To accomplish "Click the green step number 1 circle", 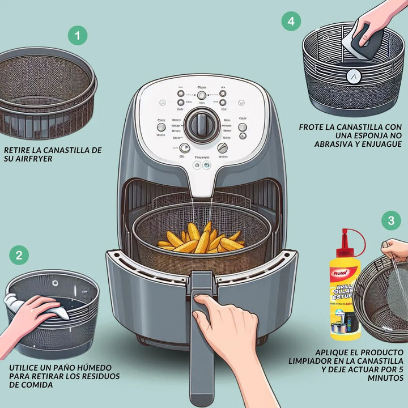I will [x=78, y=36].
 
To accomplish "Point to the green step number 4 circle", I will [x=291, y=22].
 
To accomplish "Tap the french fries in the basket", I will [x=201, y=239].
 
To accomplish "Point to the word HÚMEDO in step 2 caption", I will [x=92, y=367].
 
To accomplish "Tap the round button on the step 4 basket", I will [x=353, y=75].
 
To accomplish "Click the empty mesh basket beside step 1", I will [x=45, y=93].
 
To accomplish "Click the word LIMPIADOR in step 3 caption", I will [x=312, y=361].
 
